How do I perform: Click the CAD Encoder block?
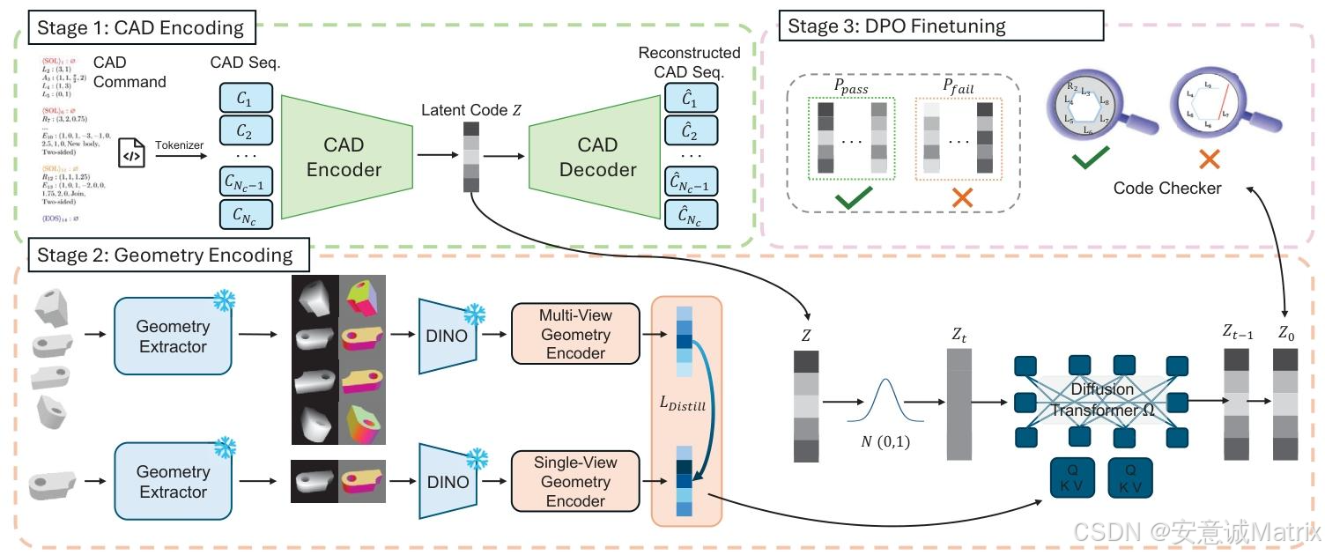(344, 157)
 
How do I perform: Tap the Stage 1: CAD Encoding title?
(142, 28)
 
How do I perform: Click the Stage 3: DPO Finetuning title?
(896, 26)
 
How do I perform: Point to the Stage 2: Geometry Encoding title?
(165, 255)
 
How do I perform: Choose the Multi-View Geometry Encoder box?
(575, 335)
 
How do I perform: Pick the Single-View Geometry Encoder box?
(575, 481)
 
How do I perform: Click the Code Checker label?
(1167, 188)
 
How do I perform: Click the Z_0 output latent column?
(1285, 404)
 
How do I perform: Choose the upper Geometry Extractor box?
(173, 336)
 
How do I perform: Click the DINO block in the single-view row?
(448, 482)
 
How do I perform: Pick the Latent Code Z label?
(470, 110)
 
